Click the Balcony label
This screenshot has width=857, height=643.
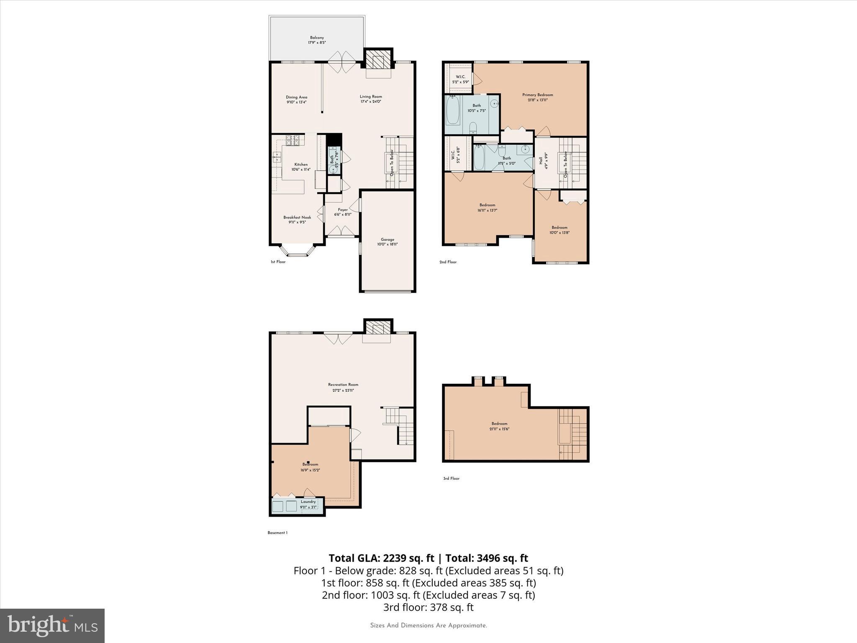tap(317, 38)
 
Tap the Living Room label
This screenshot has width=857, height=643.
tap(371, 97)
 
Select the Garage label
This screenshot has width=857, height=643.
tap(387, 240)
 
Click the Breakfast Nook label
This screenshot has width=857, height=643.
tap(297, 218)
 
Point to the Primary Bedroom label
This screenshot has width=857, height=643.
tap(537, 95)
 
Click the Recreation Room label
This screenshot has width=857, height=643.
tap(343, 385)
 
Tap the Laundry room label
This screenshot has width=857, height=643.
tap(308, 502)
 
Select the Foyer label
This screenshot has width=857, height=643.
tap(343, 210)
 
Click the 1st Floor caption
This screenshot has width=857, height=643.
tap(278, 262)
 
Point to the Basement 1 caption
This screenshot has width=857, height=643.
tap(277, 533)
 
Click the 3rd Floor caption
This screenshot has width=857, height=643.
tap(451, 478)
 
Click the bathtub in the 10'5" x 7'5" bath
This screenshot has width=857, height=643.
tap(452, 111)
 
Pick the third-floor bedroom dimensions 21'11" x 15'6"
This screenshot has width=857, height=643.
tap(499, 429)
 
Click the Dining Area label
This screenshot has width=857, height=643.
tap(296, 97)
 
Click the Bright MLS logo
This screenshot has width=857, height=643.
tap(52, 625)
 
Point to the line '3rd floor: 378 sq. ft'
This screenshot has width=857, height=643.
tap(428, 607)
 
